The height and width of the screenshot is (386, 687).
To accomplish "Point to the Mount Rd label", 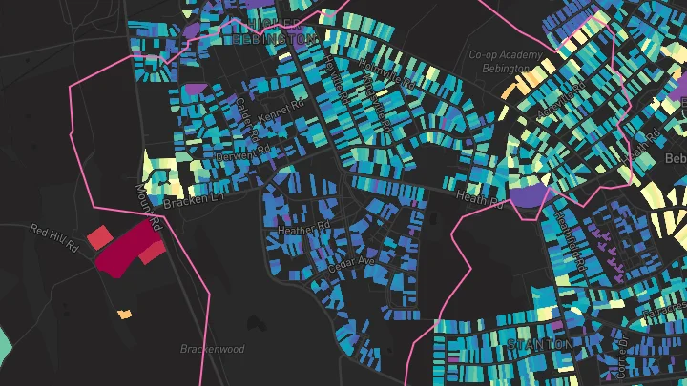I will (144, 199).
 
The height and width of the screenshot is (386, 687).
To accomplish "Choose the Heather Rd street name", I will (302, 229).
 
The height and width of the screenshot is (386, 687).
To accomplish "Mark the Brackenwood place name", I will (212, 349).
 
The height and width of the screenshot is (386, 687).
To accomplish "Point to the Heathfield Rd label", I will (571, 244).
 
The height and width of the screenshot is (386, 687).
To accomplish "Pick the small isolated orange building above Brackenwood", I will (124, 314).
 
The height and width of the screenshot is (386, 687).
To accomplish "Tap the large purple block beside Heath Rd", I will (531, 197).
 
